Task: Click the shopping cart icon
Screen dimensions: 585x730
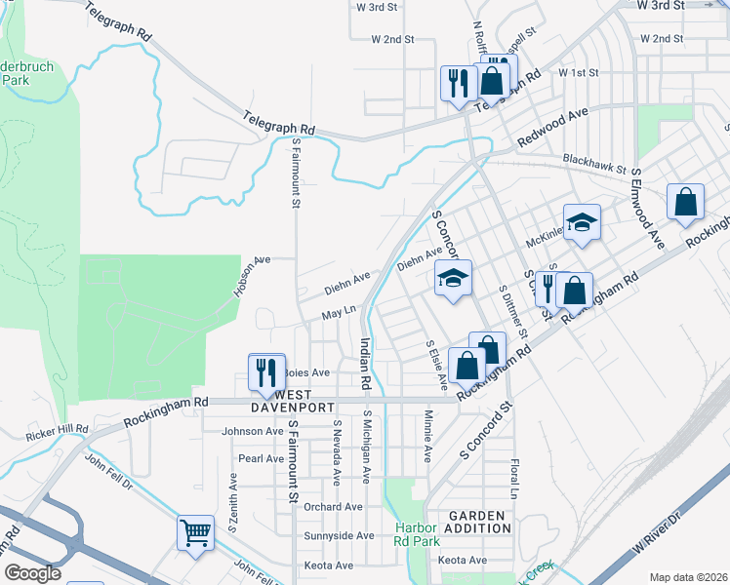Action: coord(195,533)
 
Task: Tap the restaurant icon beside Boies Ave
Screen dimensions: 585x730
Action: coord(264,371)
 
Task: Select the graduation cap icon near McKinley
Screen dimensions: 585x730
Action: coord(582,223)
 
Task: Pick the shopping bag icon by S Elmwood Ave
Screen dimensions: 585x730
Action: coord(686,202)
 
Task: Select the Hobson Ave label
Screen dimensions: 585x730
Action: coord(251,277)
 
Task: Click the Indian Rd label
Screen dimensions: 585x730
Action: coord(365,364)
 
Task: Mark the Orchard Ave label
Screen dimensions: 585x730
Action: coord(333,507)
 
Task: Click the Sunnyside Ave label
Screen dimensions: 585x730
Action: coord(338,535)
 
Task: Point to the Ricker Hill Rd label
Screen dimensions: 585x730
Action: coord(58,429)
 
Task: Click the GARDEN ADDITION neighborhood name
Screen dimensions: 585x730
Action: coord(478,522)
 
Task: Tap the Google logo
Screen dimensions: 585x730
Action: coord(32,573)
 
